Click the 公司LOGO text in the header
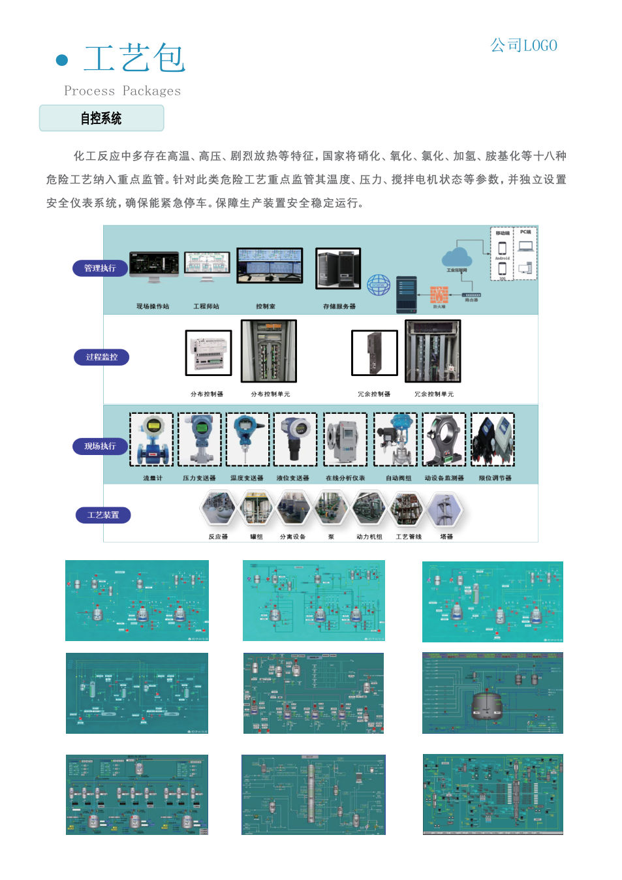coord(523,46)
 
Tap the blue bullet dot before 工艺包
coord(62,61)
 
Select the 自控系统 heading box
coord(101,118)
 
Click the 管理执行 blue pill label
coord(100,268)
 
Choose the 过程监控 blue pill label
coord(101,357)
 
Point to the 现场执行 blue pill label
coord(100,446)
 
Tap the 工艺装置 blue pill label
coord(103,515)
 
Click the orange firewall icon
coord(439,294)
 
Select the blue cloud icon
coord(457,257)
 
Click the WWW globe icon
coord(379,285)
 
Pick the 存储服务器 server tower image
coord(338,268)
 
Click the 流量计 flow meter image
coord(151,439)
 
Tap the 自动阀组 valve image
coord(396,439)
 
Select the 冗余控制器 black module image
coord(375,353)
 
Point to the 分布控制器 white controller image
coord(209,353)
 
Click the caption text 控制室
coord(266,306)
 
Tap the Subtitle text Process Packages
coord(122,91)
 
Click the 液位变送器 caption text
coord(292,478)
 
